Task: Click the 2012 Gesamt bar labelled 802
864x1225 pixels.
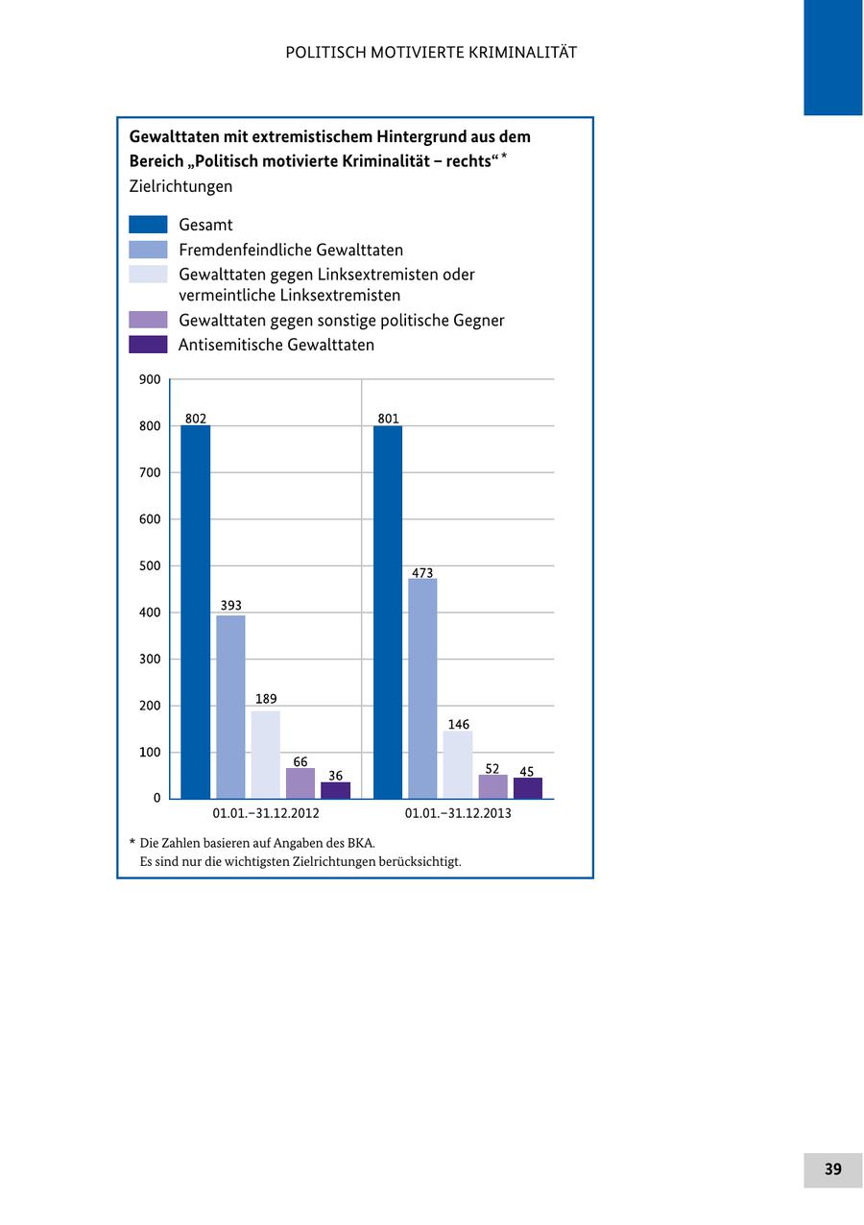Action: pyautogui.click(x=196, y=612)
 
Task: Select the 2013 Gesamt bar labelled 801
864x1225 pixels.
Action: pyautogui.click(x=388, y=612)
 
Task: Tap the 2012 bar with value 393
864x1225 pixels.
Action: pyautogui.click(x=230, y=707)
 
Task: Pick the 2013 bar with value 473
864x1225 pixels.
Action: pyautogui.click(x=422, y=688)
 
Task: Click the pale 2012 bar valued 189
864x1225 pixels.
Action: pyautogui.click(x=266, y=755)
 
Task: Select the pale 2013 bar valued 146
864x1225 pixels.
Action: pyautogui.click(x=458, y=764)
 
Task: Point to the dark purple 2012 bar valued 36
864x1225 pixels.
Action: pyautogui.click(x=335, y=790)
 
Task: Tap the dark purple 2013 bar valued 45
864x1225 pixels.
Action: pyautogui.click(x=527, y=788)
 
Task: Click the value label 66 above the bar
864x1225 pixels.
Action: pyautogui.click(x=300, y=761)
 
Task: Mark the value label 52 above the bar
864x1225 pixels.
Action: pyautogui.click(x=492, y=768)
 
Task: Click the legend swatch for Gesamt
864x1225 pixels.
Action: pyautogui.click(x=148, y=225)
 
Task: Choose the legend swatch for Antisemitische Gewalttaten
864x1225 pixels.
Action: pyautogui.click(x=148, y=345)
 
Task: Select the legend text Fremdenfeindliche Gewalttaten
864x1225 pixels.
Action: pyautogui.click(x=291, y=250)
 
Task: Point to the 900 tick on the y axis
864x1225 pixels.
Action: pyautogui.click(x=150, y=379)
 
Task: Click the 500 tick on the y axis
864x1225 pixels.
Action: pyautogui.click(x=150, y=565)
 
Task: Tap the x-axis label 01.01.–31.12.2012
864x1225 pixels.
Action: pyautogui.click(x=266, y=813)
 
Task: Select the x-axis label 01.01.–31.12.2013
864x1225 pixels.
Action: pyautogui.click(x=458, y=813)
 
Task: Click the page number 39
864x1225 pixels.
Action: pyautogui.click(x=832, y=1169)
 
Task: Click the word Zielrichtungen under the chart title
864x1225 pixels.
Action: pyautogui.click(x=180, y=186)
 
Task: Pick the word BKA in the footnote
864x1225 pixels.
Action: pyautogui.click(x=360, y=843)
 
